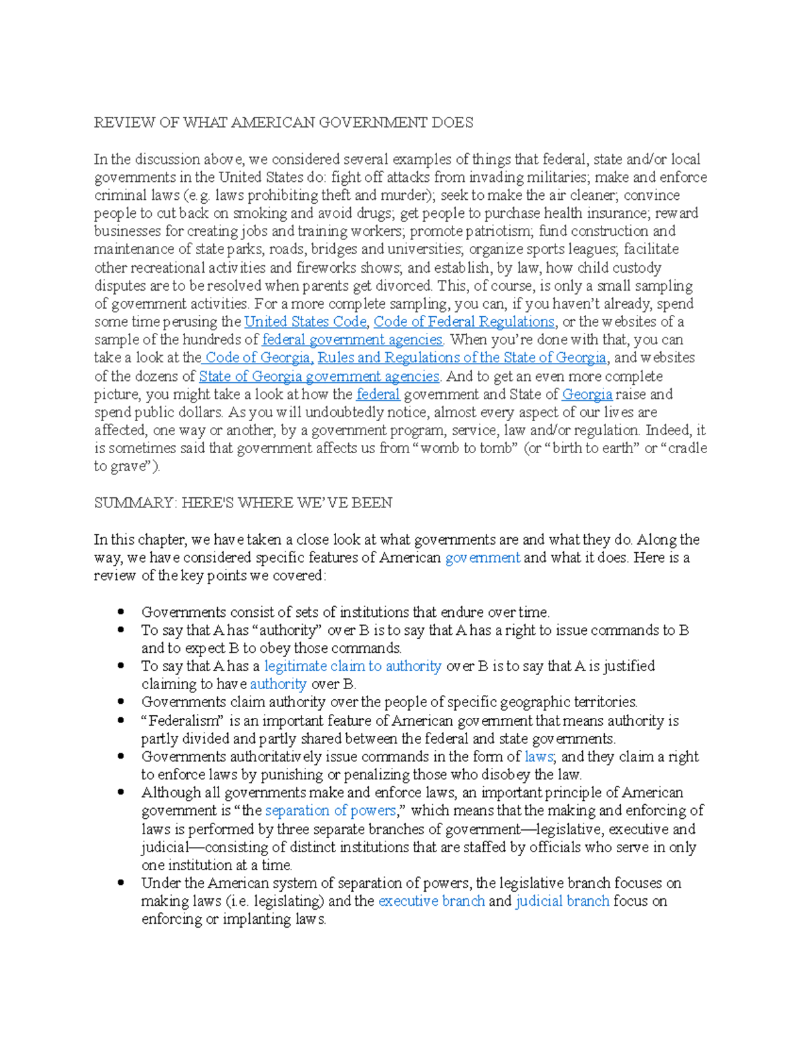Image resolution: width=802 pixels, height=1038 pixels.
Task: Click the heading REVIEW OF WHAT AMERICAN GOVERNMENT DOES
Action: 283,122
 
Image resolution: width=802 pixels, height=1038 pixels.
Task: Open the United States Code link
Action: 305,321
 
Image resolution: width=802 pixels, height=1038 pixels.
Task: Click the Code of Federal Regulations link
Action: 464,321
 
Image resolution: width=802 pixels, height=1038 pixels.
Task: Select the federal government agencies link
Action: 352,340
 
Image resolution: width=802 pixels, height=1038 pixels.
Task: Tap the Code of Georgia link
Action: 259,358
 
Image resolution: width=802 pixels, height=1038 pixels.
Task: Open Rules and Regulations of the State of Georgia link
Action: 462,358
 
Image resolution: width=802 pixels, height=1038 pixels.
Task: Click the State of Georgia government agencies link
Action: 319,376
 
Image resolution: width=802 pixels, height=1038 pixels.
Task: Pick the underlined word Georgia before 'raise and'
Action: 587,394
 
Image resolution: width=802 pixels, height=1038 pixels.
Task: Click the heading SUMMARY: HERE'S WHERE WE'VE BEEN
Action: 243,503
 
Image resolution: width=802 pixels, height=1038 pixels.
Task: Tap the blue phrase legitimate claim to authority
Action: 353,666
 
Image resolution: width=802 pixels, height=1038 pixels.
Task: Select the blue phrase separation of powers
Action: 330,811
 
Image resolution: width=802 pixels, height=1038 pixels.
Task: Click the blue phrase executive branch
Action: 431,901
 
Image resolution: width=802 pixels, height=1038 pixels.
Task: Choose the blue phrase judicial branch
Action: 562,901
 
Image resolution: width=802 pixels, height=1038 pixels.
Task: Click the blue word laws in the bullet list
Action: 539,757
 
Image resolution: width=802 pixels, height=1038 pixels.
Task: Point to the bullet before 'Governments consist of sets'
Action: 121,612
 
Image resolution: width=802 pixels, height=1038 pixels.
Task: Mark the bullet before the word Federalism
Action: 121,721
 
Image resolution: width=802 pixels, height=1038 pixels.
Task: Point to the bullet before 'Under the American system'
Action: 121,883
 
